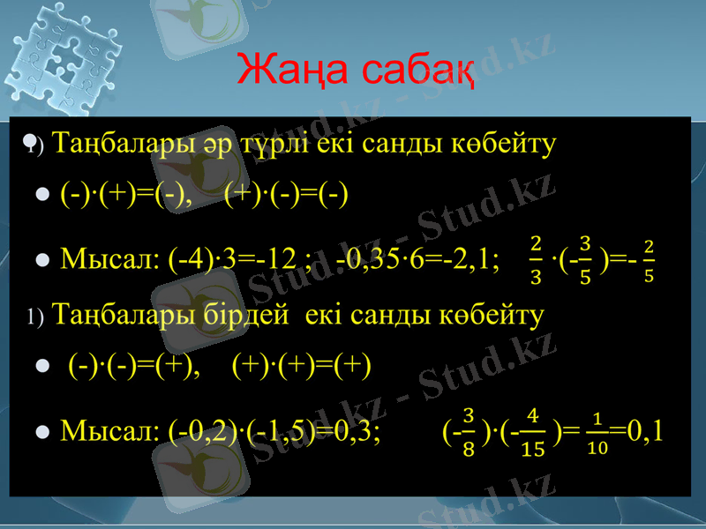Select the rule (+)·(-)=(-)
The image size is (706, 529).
(286, 193)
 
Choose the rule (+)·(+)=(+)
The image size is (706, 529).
(301, 365)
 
